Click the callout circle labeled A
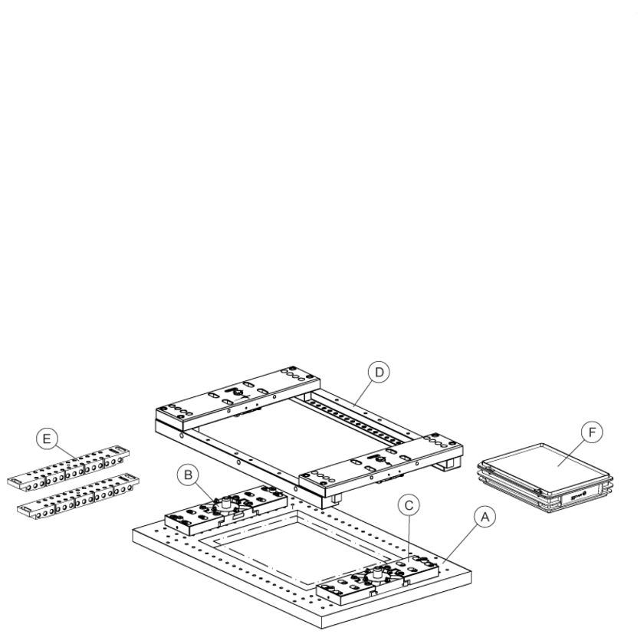coord(485,517)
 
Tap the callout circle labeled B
coord(188,475)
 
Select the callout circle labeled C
coord(409,505)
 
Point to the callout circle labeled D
coord(379,372)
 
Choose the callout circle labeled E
coord(47,439)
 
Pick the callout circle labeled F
coord(592,432)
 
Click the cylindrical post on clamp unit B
coord(227,502)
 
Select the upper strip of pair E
coord(68,468)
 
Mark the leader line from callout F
coord(571,452)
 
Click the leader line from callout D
coord(363,393)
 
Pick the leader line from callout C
coord(408,537)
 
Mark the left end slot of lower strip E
coord(27,508)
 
